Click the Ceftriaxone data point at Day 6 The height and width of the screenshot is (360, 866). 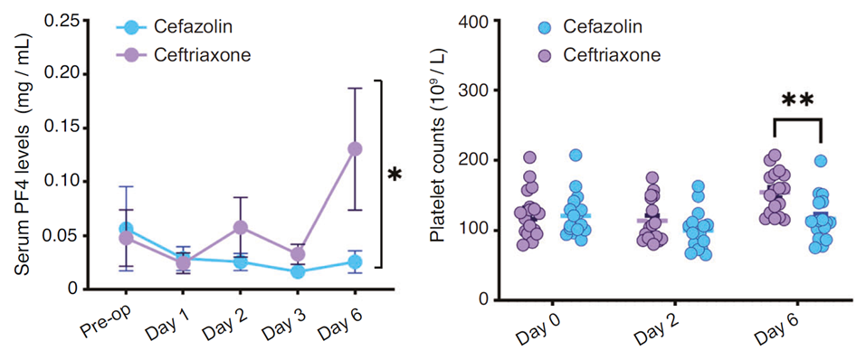click(356, 148)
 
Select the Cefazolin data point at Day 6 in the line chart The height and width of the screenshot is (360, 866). click(356, 262)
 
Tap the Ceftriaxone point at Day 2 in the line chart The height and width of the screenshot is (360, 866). click(240, 228)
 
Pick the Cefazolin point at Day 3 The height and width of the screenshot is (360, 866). click(298, 271)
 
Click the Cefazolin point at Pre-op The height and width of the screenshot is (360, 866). click(127, 229)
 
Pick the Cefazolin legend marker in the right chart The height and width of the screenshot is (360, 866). click(544, 28)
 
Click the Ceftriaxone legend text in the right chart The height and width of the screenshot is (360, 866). click(612, 55)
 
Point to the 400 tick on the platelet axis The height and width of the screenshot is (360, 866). click(479, 21)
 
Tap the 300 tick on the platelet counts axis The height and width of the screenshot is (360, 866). click(479, 90)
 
